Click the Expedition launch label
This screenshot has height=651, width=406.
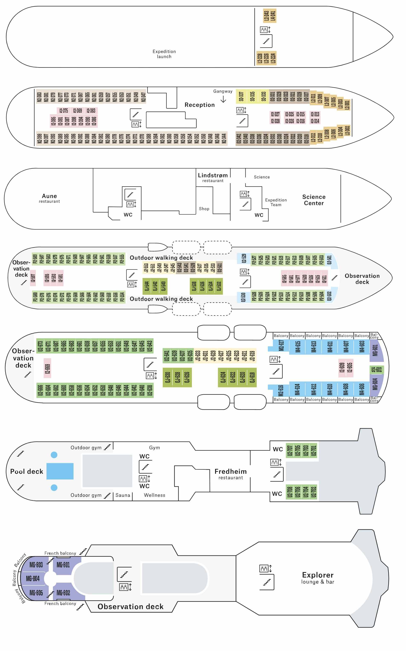click(164, 54)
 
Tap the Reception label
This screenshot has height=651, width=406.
click(200, 105)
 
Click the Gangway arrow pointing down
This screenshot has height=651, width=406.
click(223, 99)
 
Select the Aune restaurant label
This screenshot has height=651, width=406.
click(49, 198)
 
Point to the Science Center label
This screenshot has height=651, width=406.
click(314, 200)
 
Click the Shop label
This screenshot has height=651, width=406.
click(204, 209)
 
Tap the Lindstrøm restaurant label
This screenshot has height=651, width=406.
click(213, 177)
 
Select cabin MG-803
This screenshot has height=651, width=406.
click(36, 565)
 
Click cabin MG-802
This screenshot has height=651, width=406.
click(63, 593)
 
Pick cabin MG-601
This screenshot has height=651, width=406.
click(375, 350)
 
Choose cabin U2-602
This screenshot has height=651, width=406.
click(376, 370)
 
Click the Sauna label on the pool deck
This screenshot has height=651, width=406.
click(123, 495)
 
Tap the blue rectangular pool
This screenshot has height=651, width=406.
click(60, 471)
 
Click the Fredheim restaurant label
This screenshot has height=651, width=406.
click(230, 474)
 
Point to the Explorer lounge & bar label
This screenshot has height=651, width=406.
click(318, 578)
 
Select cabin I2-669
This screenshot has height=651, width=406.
click(48, 368)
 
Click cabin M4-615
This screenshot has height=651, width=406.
click(297, 347)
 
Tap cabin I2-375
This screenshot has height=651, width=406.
click(64, 111)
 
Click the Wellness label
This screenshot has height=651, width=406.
click(154, 495)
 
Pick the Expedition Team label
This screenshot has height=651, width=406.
click(276, 202)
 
